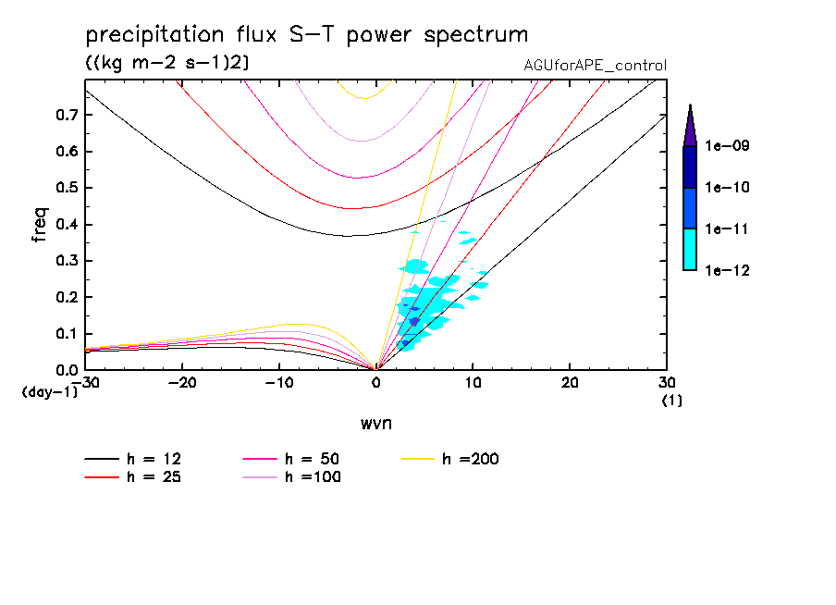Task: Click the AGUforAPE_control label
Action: pyautogui.click(x=595, y=66)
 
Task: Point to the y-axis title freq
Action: pyautogui.click(x=40, y=224)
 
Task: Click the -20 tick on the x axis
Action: pyautogui.click(x=182, y=382)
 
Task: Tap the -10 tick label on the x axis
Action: pyautogui.click(x=278, y=382)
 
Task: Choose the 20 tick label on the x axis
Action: pyautogui.click(x=570, y=382)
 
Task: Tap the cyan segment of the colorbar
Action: pyautogui.click(x=690, y=249)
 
